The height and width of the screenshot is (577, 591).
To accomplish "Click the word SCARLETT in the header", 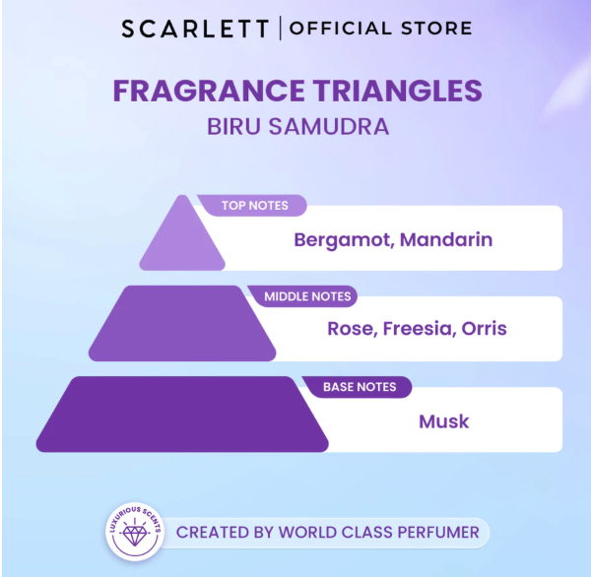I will [x=195, y=29].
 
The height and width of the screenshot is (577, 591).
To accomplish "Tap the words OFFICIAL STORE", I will [x=380, y=29].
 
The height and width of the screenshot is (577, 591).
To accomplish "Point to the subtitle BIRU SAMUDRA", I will [x=296, y=128].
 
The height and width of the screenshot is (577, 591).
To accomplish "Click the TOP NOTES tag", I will [x=254, y=206].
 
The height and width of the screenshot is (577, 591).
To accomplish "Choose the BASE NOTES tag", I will [x=359, y=387].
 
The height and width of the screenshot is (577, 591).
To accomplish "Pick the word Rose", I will [x=349, y=329].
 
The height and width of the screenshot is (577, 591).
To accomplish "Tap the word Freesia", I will [x=415, y=329].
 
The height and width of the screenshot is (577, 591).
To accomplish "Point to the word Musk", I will [x=444, y=421].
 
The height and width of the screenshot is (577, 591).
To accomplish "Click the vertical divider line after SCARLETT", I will [x=281, y=29].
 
